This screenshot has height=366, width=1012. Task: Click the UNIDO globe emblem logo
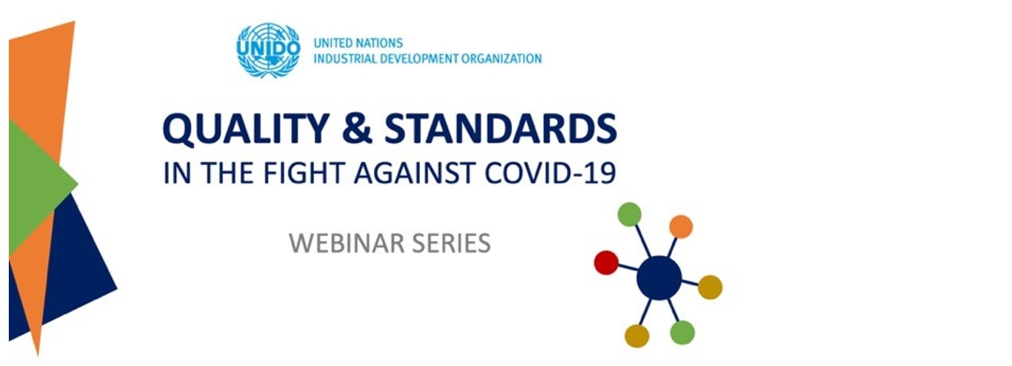[268, 51]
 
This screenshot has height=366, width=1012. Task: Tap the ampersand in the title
[357, 128]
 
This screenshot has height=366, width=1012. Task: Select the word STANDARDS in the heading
[501, 128]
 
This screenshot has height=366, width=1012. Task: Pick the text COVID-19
[550, 173]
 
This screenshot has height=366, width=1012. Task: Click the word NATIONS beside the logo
[378, 43]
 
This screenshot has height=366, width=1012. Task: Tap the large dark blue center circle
[659, 278]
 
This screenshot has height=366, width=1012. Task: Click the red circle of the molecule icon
[606, 263]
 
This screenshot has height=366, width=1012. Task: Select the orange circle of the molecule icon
[681, 227]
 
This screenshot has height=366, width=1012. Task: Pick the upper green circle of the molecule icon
[630, 214]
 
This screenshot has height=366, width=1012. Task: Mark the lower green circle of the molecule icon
[683, 333]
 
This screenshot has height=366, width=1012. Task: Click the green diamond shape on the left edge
[41, 185]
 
